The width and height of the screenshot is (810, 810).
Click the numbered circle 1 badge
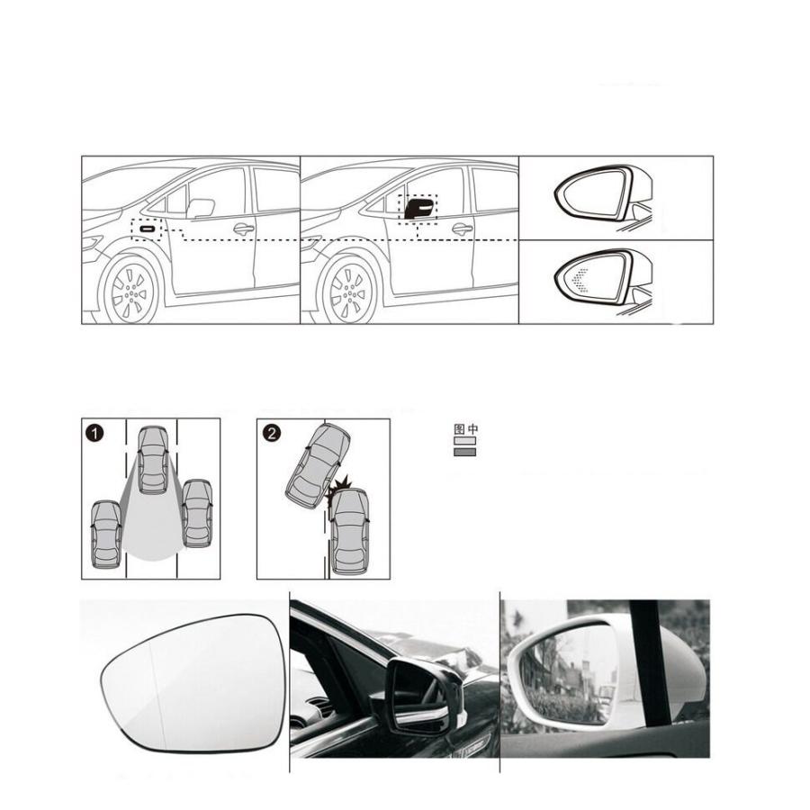[x=95, y=433]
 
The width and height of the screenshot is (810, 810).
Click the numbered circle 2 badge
[x=272, y=433]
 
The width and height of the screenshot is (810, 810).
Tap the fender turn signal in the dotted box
[x=148, y=228]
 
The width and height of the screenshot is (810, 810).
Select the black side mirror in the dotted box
[x=418, y=208]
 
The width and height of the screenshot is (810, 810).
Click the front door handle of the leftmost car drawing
[x=243, y=229]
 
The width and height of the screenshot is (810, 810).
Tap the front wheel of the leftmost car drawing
[x=129, y=292]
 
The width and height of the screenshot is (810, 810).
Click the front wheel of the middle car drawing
[x=347, y=292]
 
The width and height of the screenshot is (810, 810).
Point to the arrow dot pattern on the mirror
[x=580, y=281]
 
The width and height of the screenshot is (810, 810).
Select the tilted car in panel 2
[x=317, y=466]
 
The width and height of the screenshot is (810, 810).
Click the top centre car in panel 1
[x=153, y=460]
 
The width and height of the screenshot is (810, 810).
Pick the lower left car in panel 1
[x=106, y=534]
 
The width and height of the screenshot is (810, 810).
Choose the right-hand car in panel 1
[x=197, y=514]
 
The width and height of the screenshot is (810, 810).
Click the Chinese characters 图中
[x=465, y=428]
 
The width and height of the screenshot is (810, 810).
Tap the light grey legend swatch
[x=464, y=441]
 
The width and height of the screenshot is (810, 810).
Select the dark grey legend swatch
[x=464, y=452]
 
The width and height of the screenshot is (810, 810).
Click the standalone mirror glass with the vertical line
[x=193, y=683]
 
